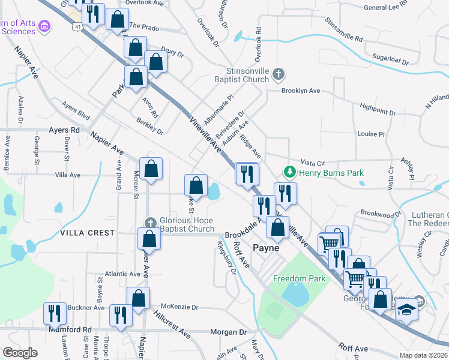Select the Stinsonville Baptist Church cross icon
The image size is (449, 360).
(278, 74)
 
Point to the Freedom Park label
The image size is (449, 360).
(299, 278)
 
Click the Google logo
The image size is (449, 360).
(20, 353)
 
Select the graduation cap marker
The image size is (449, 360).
(406, 310)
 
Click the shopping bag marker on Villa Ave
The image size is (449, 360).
(151, 169)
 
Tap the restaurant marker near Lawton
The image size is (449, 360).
(54, 314)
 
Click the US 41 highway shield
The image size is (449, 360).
(77, 26)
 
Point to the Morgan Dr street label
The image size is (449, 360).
(228, 332)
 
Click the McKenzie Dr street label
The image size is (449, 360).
(179, 307)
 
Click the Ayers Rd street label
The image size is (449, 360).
(64, 130)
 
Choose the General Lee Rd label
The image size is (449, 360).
(387, 8)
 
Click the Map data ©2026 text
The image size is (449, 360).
(423, 355)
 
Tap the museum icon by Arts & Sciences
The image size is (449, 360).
(44, 26)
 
